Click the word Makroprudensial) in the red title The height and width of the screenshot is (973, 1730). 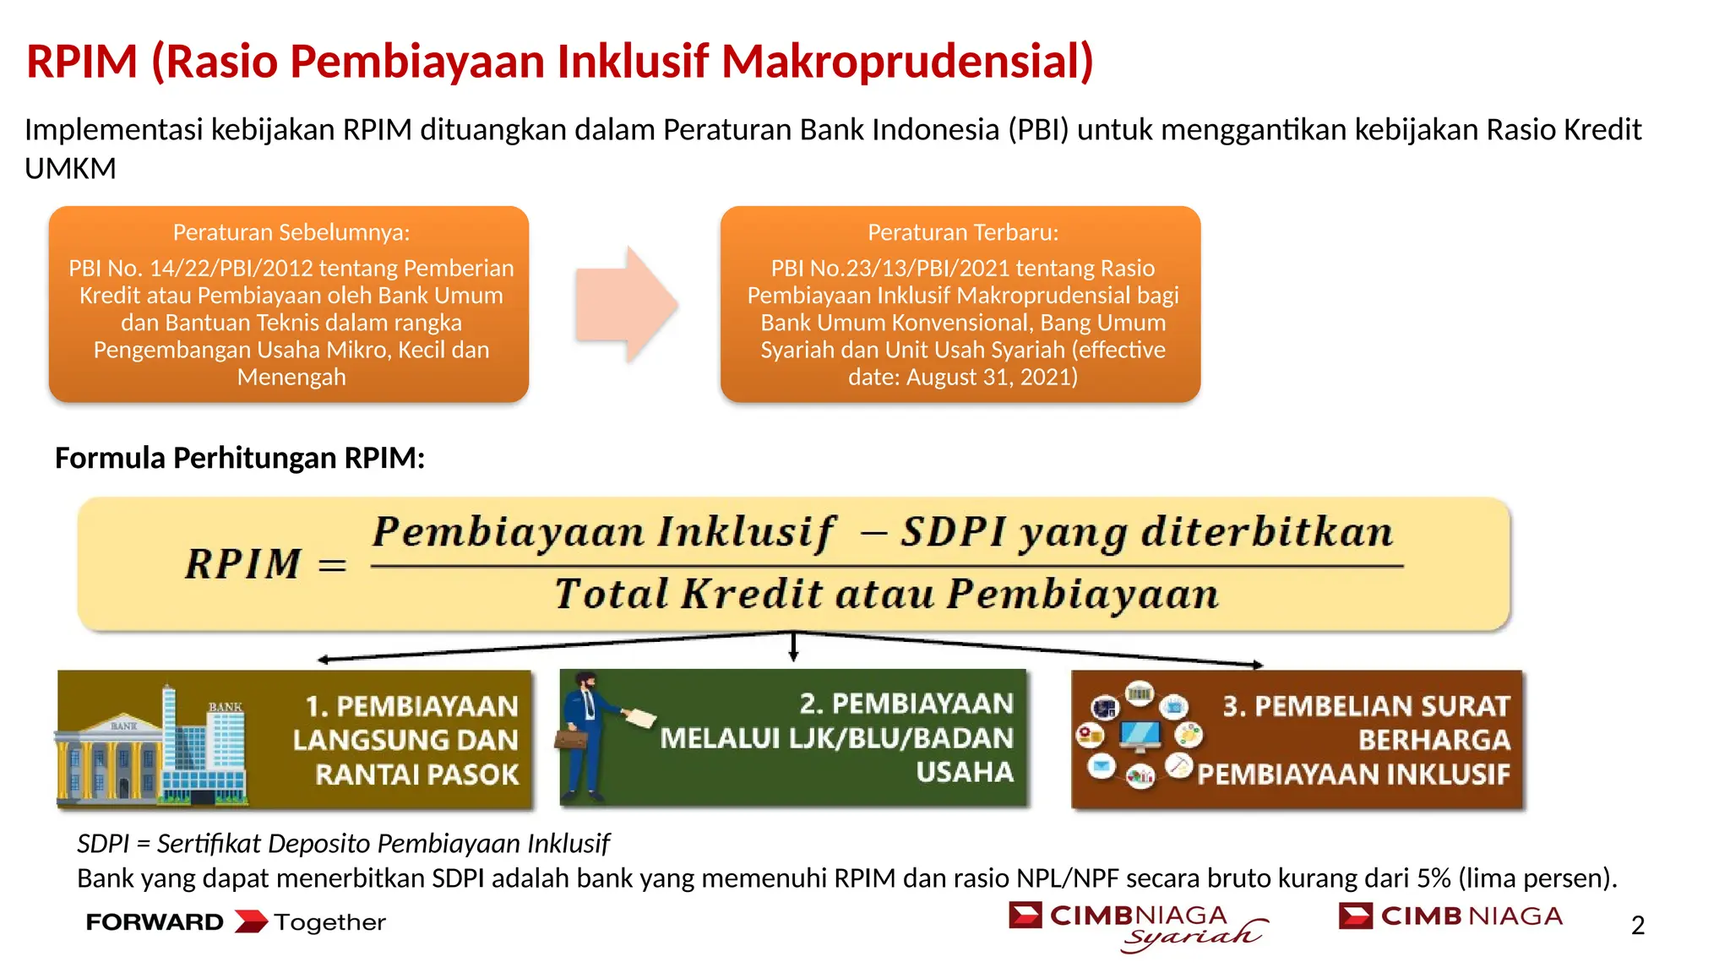[x=907, y=62]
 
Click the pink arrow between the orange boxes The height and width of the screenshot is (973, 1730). [x=625, y=304]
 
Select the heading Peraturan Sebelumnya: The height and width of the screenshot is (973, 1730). [x=291, y=232]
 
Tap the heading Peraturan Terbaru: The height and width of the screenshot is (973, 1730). [x=962, y=232]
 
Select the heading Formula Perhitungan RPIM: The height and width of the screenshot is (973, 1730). [x=240, y=458]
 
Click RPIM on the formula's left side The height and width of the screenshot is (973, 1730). [x=243, y=563]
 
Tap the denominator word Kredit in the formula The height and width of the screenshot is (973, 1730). [x=751, y=594]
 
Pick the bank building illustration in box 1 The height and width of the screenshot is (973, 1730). [x=152, y=743]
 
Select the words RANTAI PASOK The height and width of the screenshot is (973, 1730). [x=416, y=775]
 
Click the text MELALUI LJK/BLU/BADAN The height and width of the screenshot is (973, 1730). [x=835, y=738]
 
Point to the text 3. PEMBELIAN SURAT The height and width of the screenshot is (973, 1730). [x=1365, y=706]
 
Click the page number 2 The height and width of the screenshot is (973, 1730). [x=1637, y=926]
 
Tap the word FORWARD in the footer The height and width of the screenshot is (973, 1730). [x=155, y=922]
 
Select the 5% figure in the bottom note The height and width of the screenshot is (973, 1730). [x=1434, y=878]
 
